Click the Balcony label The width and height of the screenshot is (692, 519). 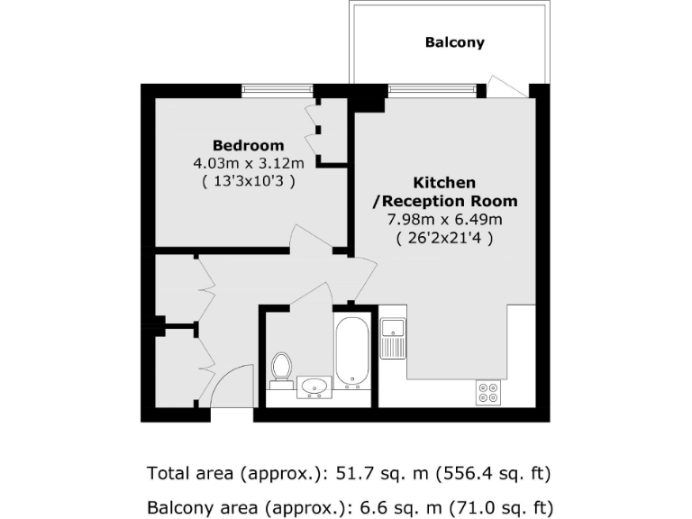coord(454,42)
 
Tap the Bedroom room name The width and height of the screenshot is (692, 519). coord(248,145)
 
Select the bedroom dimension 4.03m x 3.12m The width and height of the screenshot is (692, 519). coord(248,163)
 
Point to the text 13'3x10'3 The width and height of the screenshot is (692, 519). coord(248,181)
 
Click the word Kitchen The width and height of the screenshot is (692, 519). coord(444,183)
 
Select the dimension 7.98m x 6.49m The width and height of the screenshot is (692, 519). coord(444,219)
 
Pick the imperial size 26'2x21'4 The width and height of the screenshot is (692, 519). coord(444,238)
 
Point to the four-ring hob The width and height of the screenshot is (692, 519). coord(489,392)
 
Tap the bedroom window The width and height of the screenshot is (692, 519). coord(278,90)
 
